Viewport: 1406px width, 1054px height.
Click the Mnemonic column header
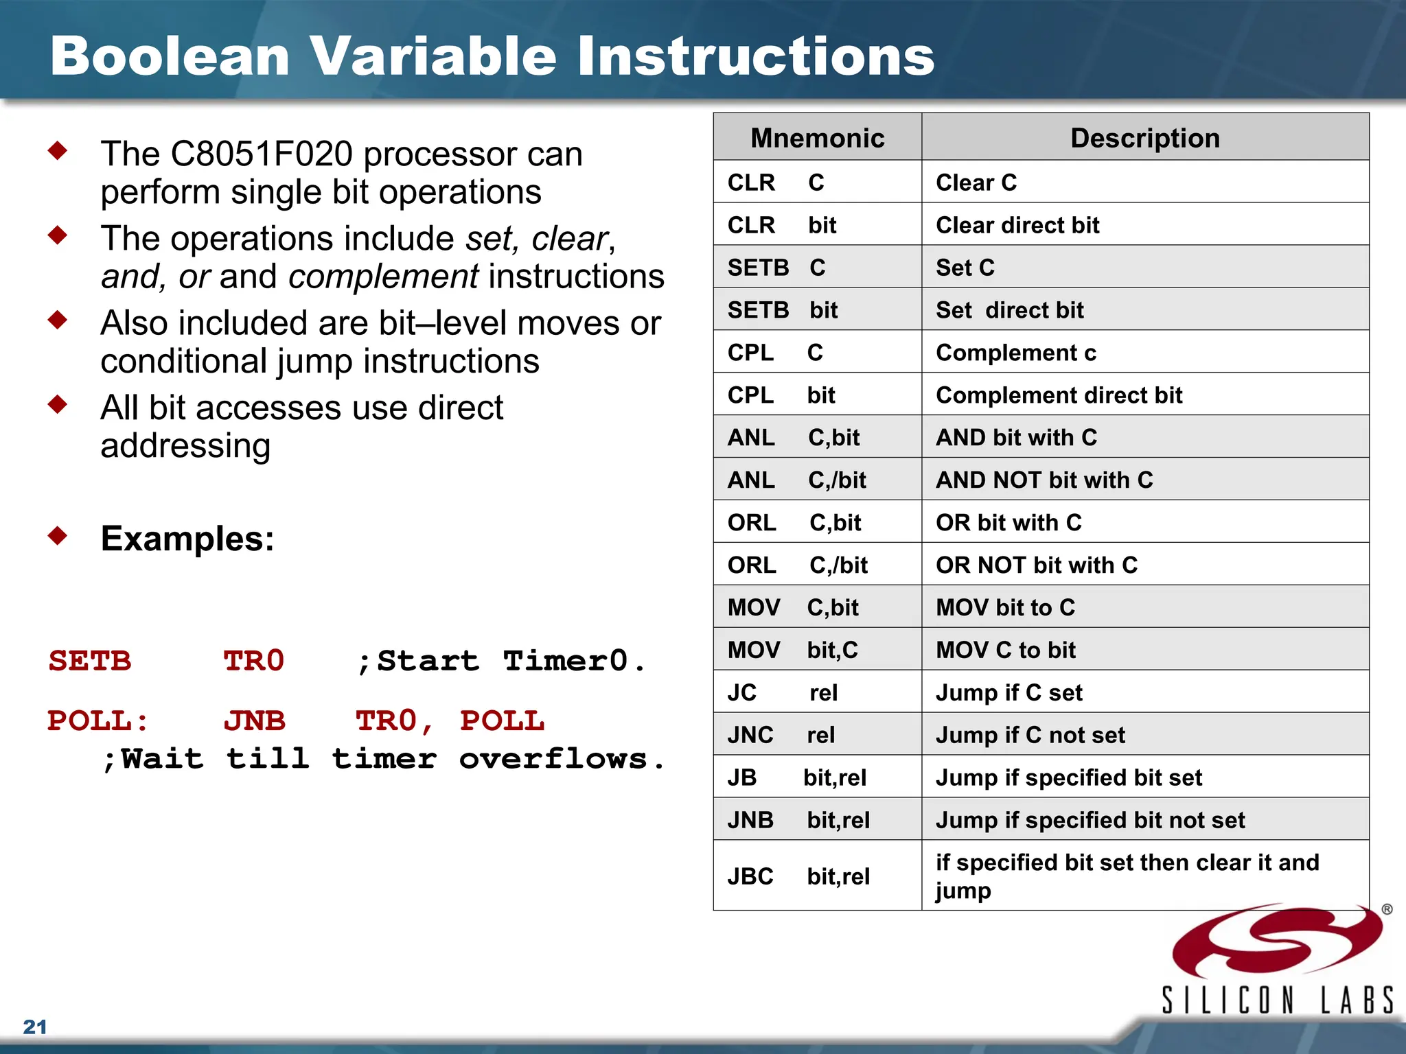click(817, 138)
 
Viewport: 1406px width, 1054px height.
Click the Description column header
click(1144, 138)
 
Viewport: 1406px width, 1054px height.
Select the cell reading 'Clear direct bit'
click(1017, 225)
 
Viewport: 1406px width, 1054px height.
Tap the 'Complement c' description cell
click(1016, 353)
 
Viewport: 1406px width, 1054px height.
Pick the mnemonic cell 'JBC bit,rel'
click(798, 876)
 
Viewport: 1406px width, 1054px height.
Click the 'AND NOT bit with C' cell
click(1044, 480)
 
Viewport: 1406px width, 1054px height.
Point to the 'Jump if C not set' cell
click(1030, 735)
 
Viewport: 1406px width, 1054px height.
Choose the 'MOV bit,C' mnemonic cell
click(792, 650)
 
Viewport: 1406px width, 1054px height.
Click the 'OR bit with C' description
click(1009, 522)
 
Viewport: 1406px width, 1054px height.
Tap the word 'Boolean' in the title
click(170, 56)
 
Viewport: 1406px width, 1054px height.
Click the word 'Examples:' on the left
click(187, 539)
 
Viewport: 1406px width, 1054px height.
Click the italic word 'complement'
click(383, 277)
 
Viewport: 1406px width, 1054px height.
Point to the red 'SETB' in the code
click(90, 661)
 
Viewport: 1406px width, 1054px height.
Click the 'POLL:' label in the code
click(97, 721)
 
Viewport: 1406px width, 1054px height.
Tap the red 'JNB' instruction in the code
click(254, 721)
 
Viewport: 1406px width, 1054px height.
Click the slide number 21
click(35, 1027)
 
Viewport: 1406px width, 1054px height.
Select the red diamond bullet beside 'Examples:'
click(58, 535)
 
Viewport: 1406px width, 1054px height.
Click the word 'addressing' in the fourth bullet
click(185, 446)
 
